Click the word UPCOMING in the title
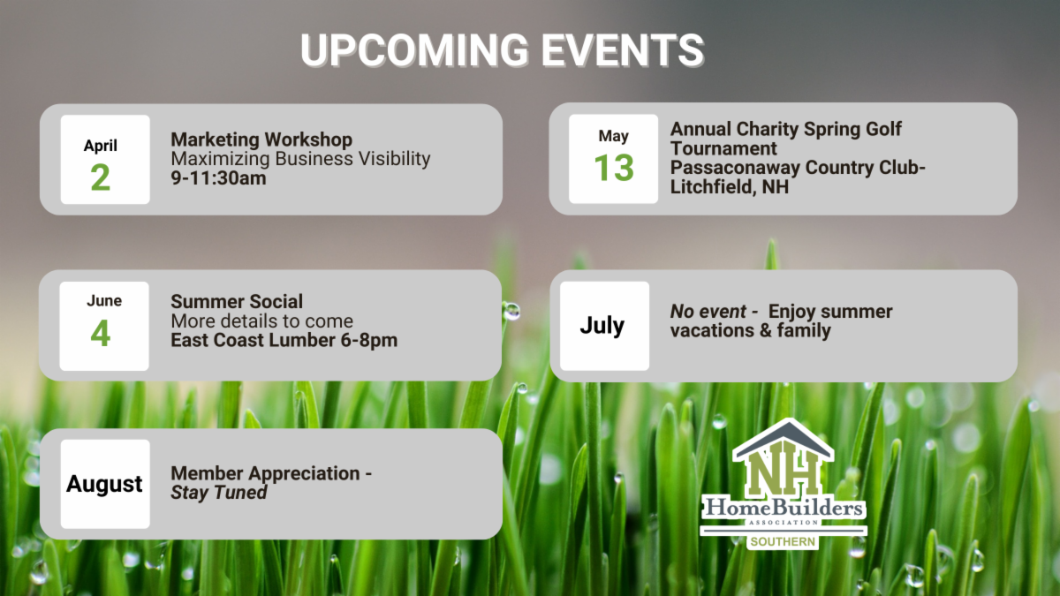tap(414, 50)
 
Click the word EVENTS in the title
tap(622, 50)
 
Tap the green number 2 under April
tap(101, 177)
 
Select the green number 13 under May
tap(614, 168)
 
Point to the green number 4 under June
tap(101, 333)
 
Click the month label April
tap(101, 145)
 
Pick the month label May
tap(614, 136)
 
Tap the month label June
tap(104, 301)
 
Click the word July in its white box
tap(602, 326)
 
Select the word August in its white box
tap(104, 484)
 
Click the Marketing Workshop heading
tap(261, 140)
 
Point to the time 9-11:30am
tap(219, 178)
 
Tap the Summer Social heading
tap(237, 302)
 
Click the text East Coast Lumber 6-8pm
tap(284, 341)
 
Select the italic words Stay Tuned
tap(219, 493)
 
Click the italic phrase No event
tap(708, 312)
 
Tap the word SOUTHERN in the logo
tap(783, 542)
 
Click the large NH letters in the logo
tap(783, 472)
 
